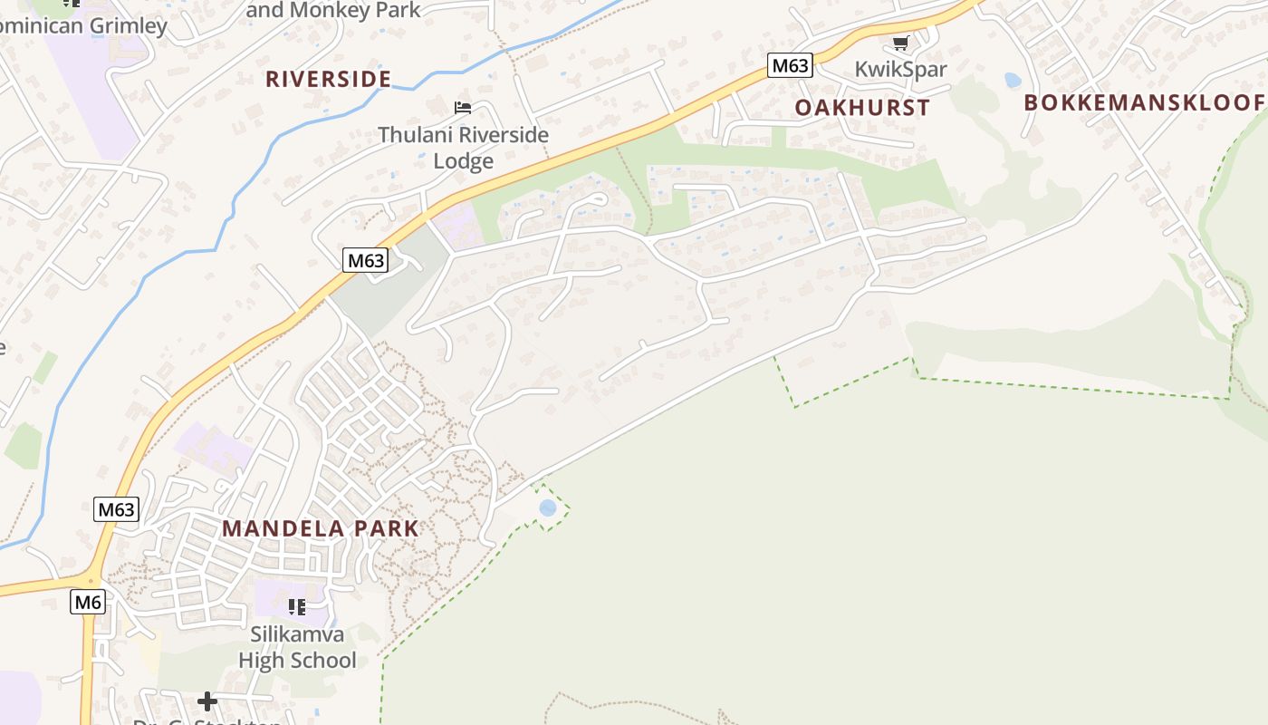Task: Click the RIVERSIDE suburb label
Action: pyautogui.click(x=328, y=79)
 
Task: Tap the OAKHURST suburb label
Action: pyautogui.click(x=862, y=107)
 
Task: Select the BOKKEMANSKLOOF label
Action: pyautogui.click(x=1144, y=102)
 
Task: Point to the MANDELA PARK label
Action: pyautogui.click(x=321, y=528)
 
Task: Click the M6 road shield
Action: pyautogui.click(x=88, y=602)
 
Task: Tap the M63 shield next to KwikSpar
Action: pyautogui.click(x=790, y=65)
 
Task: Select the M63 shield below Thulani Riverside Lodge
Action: pyautogui.click(x=366, y=261)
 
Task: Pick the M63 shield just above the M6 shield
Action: pyautogui.click(x=116, y=509)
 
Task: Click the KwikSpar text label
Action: pyautogui.click(x=900, y=70)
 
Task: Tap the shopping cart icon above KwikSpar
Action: pyautogui.click(x=900, y=43)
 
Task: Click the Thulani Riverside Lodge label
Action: pyautogui.click(x=463, y=148)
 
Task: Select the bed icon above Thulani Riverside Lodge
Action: pyautogui.click(x=463, y=108)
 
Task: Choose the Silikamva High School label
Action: pyautogui.click(x=297, y=647)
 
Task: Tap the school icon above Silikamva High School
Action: pyautogui.click(x=296, y=606)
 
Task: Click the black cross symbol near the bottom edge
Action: pyautogui.click(x=207, y=701)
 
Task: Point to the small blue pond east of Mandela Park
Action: pyautogui.click(x=547, y=507)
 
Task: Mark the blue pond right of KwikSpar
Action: pyautogui.click(x=1013, y=80)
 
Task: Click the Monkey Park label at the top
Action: pyautogui.click(x=333, y=10)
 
